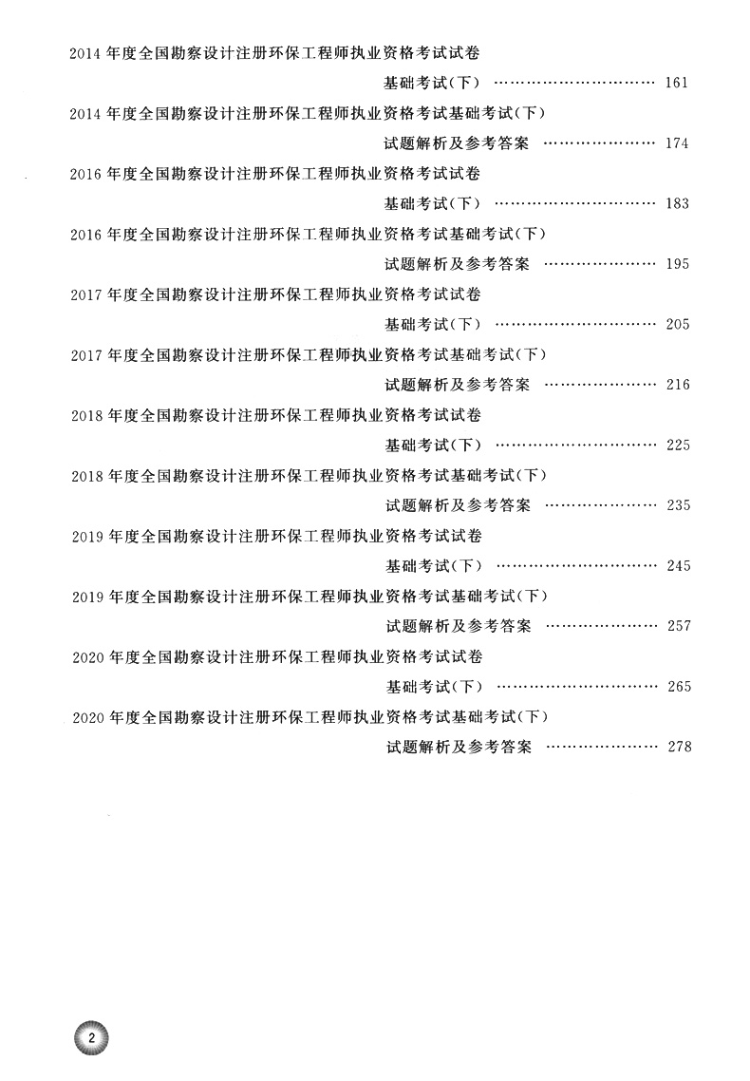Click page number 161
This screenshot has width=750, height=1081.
[677, 83]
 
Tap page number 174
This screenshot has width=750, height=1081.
[677, 143]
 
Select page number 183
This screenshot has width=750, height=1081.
[677, 203]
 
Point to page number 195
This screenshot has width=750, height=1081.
[677, 264]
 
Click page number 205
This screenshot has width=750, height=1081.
[677, 324]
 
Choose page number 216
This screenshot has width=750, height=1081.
[677, 385]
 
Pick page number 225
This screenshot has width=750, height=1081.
[677, 445]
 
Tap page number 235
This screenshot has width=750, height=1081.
[677, 505]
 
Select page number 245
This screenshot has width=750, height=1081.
[677, 565]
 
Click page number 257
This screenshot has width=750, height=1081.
[677, 626]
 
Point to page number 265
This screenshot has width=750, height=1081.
[677, 686]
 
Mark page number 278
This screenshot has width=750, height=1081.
[677, 747]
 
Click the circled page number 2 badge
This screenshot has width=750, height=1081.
[91, 1036]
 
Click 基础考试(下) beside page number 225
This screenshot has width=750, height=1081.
[433, 445]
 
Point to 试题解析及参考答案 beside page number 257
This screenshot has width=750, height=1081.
[458, 626]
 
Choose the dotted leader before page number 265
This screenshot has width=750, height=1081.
[575, 686]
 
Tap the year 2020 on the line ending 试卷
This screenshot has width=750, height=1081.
[87, 657]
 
